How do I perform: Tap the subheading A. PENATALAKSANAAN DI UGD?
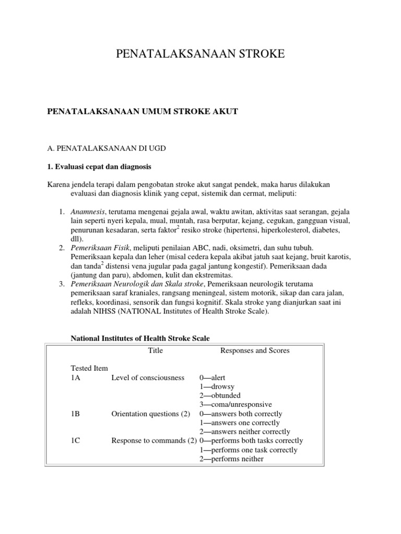point(108,149)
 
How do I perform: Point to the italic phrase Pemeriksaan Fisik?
point(99,248)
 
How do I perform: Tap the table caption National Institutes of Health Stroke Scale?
point(140,338)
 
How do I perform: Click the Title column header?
point(156,350)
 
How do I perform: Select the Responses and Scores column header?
point(255,350)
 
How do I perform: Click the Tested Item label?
point(89,368)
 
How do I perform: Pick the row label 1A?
point(76,378)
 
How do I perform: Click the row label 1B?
point(76,414)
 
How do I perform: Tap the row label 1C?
point(76,441)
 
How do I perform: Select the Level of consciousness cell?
point(148,378)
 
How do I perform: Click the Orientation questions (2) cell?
point(150,414)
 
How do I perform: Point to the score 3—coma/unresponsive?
point(235,405)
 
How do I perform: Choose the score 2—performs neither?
point(231,459)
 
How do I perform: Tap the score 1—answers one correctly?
point(239,423)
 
